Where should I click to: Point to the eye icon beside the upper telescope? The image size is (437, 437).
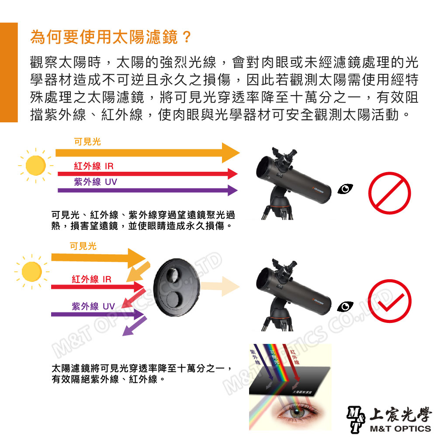coord(346,188)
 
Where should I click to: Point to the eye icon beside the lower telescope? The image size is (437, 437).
coord(347,306)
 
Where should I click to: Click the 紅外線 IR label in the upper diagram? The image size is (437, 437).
coord(94,166)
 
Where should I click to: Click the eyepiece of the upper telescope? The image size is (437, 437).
coord(290,156)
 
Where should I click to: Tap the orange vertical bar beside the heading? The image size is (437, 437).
coord(9,72)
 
